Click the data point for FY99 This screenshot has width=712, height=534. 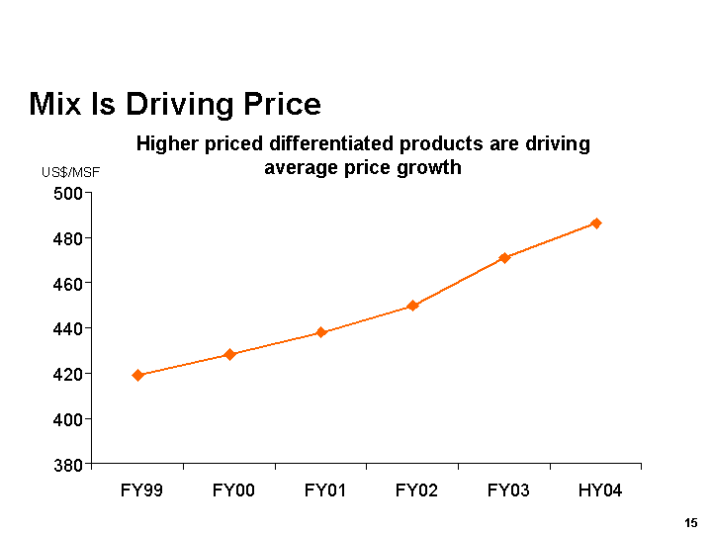pyautogui.click(x=137, y=375)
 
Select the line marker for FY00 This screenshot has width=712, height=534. pyautogui.click(x=229, y=354)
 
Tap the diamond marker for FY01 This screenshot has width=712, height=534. pyautogui.click(x=321, y=332)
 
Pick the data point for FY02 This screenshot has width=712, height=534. pyautogui.click(x=412, y=306)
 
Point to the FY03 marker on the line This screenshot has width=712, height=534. pyautogui.click(x=504, y=258)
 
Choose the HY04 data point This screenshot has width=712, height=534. pyautogui.click(x=596, y=223)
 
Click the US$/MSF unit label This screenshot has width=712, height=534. pyautogui.click(x=70, y=173)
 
